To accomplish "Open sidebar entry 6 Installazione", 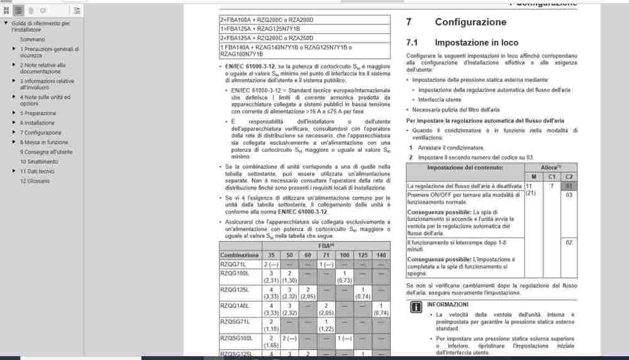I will tap(37, 123).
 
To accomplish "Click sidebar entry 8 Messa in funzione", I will tap(44, 142).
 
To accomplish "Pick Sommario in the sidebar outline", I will tap(32, 39).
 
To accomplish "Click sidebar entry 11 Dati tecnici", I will tap(37, 171).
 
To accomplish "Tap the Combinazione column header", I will tap(239, 255).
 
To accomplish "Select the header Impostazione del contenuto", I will tap(465, 167).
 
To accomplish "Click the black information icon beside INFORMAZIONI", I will tap(416, 307).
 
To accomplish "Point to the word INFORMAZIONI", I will tap(448, 304).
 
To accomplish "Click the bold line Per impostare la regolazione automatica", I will tap(485, 120).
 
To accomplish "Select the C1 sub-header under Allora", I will tap(551, 177).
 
